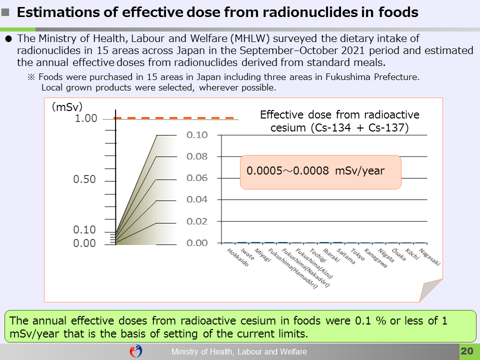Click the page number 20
point(466,351)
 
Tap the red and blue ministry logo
point(136,351)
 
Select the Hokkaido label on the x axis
point(238,257)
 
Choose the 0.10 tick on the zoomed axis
point(197,135)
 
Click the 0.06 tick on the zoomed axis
point(197,178)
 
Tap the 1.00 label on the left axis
point(86,118)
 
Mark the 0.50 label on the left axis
point(84,179)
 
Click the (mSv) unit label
point(67,106)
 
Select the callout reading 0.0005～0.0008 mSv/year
point(320,171)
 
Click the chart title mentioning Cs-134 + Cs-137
point(339,121)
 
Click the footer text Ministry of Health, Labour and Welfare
point(239,352)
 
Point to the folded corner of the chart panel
point(432,292)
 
